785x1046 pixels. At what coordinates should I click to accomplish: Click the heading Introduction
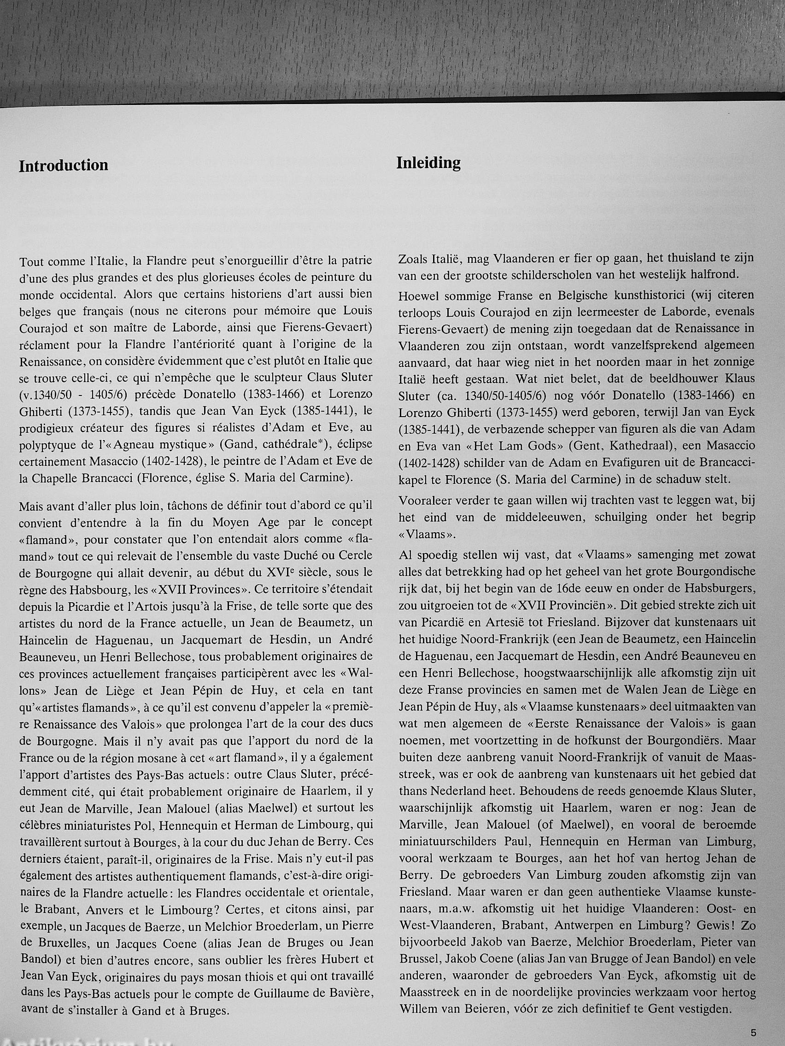(x=64, y=165)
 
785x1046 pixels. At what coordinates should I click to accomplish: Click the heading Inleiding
(x=428, y=163)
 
